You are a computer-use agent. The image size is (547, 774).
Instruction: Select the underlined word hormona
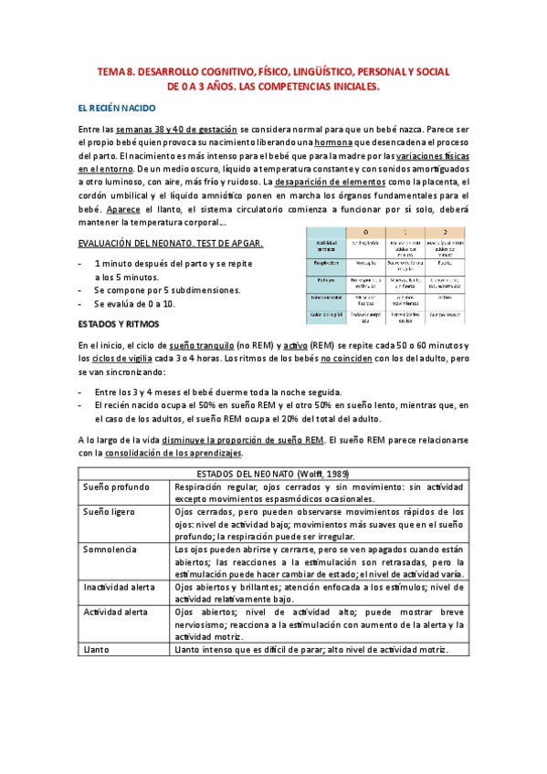(x=333, y=143)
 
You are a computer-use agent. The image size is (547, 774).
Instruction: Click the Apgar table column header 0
(x=365, y=232)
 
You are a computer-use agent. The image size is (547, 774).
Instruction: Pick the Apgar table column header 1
(x=405, y=232)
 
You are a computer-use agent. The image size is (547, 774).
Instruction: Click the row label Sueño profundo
(x=117, y=488)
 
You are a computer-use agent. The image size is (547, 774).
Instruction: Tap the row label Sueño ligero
(x=111, y=513)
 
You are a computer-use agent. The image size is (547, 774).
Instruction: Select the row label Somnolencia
(x=110, y=550)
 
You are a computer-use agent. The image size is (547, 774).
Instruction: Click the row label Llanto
(x=98, y=649)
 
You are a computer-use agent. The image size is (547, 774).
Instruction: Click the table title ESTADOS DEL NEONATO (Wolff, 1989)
(x=273, y=475)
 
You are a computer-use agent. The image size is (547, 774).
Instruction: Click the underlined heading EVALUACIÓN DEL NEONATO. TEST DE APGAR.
(x=160, y=243)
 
